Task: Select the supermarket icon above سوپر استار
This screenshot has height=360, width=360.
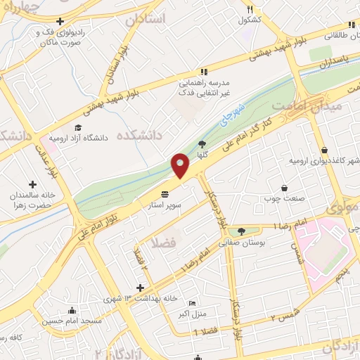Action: pos(165,193)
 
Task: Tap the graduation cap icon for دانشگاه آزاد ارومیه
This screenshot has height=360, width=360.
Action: pos(78,128)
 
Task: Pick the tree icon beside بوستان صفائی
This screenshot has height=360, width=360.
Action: pos(241,231)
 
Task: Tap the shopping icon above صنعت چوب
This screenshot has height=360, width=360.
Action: pos(284,188)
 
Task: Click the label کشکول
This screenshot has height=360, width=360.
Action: pos(250,20)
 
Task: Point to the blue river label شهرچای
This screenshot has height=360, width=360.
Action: pos(237,115)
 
